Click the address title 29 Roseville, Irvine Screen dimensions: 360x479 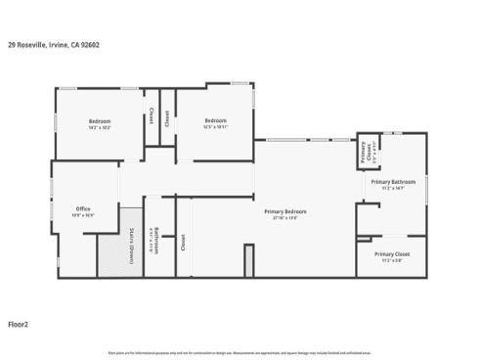(53, 44)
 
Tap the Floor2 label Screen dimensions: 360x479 (19, 324)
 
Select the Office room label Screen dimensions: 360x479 (83, 208)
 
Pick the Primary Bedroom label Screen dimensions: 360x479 (285, 211)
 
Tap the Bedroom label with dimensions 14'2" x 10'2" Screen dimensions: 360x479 (100, 120)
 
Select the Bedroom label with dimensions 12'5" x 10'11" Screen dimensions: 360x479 (215, 120)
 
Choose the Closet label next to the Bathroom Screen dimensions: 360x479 (183, 242)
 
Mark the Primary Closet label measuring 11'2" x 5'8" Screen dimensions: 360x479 (391, 254)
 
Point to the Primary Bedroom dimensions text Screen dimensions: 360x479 (285, 218)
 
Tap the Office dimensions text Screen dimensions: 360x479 (83, 215)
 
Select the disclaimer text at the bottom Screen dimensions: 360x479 (239, 350)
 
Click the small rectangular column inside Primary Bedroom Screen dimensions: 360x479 (249, 260)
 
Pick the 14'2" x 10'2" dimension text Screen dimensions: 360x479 (100, 127)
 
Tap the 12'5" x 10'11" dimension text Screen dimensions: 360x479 (215, 127)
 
